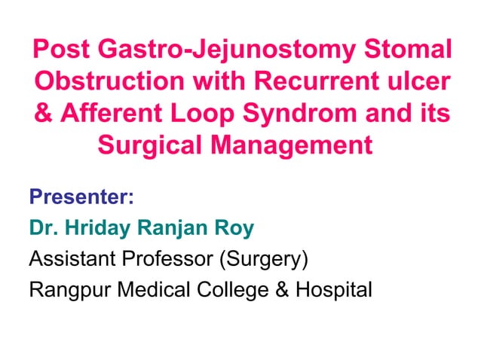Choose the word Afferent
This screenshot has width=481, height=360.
pos(114,113)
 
